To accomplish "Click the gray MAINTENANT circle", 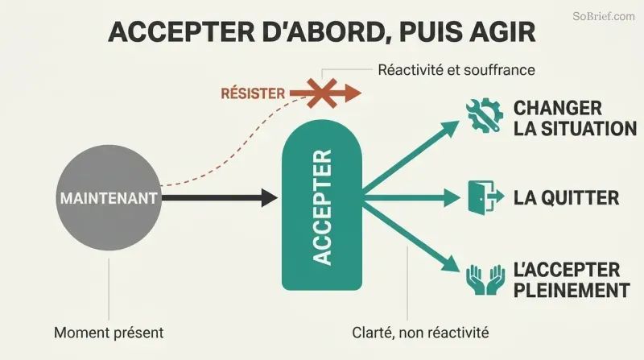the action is pos(109,197).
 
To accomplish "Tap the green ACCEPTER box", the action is pos(321,205).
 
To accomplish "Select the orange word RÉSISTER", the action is pos(253,93).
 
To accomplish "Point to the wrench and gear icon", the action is pos(485,115).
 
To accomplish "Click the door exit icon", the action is pos(486,197).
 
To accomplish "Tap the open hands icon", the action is pos(485,279).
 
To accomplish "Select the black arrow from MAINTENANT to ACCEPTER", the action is pos(220,197).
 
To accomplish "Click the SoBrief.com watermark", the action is pos(603,16).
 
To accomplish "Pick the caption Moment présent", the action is pos(109,333).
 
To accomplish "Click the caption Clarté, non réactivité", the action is pos(420,333).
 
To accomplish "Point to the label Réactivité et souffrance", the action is pos(456,70).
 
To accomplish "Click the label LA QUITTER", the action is pos(567,197).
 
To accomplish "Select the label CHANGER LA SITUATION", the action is pos(575,118).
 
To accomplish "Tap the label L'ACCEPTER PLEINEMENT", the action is pos(572,280).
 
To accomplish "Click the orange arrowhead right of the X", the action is pos(353,93).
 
